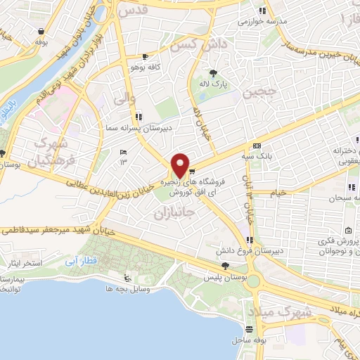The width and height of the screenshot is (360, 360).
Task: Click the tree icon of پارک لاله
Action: [212, 72]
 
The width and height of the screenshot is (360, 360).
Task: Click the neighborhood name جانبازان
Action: [170, 212]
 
